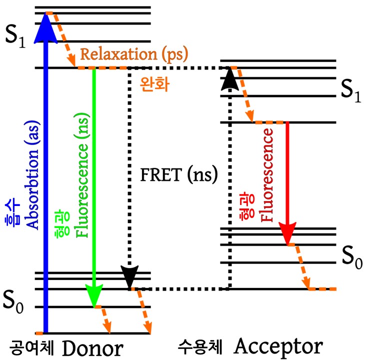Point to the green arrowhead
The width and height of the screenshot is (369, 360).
coord(94,295)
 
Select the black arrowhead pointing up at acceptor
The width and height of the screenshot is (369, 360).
coord(229,78)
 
